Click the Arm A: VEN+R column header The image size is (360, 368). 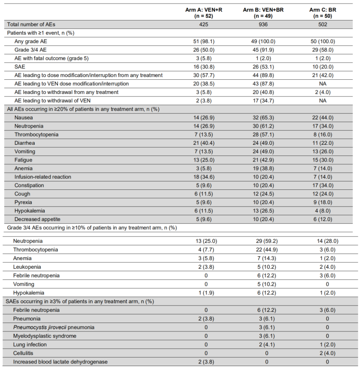(x=204, y=13)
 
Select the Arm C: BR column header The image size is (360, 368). (x=323, y=13)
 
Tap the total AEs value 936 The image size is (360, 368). (x=263, y=24)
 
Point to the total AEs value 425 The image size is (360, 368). (x=204, y=24)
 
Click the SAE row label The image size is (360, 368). (x=20, y=67)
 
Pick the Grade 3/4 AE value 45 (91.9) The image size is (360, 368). (x=263, y=50)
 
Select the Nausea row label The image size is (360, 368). (x=24, y=117)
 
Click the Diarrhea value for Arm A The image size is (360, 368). (x=204, y=143)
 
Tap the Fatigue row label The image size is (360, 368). (x=23, y=160)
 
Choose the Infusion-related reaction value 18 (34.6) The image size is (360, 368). (x=204, y=177)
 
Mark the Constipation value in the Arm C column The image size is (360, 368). (x=323, y=185)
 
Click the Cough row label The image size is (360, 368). (x=22, y=194)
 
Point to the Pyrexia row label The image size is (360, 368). (x=23, y=202)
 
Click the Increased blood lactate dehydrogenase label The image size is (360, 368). (x=60, y=362)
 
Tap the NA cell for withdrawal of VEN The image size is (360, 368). (x=323, y=100)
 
